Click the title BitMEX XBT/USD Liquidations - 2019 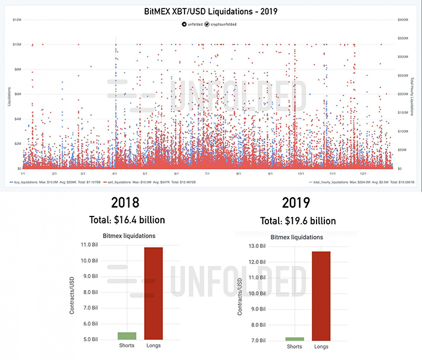point(212,11)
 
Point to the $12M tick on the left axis point(17,20)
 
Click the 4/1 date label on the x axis point(114,173)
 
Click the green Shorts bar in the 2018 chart point(127,336)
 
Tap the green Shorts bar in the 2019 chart point(295,339)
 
